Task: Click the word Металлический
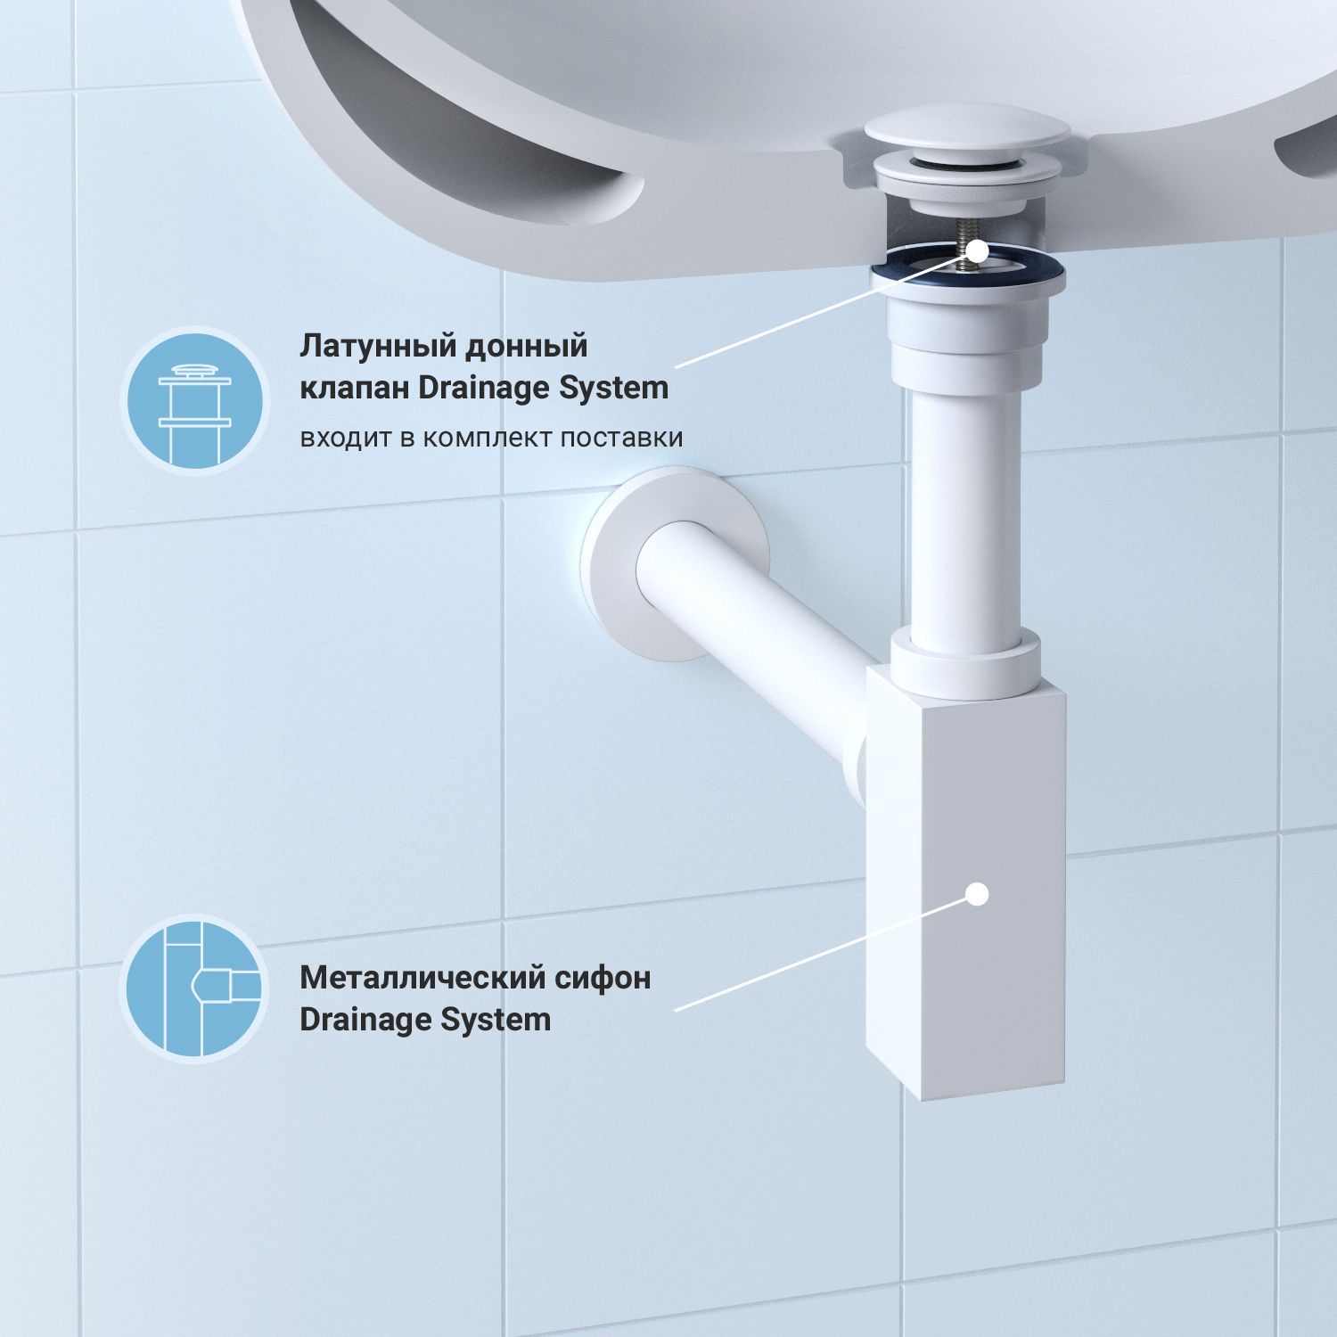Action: pos(417,978)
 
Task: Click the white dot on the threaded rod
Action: pos(977,250)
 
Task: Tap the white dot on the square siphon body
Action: pos(978,893)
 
